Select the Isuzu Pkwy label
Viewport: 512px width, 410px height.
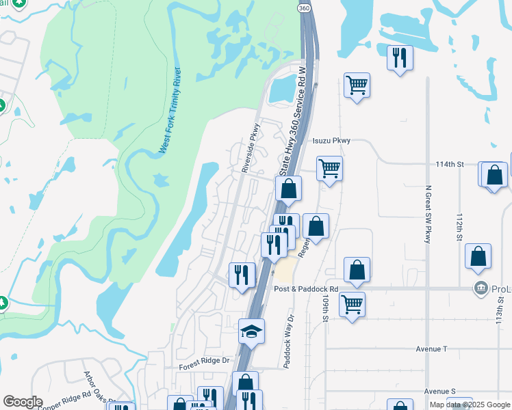pos(331,141)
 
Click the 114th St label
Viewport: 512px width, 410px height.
pos(450,165)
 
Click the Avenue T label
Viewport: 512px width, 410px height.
pos(431,348)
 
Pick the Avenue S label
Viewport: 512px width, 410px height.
pos(439,392)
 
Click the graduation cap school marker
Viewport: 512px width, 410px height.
pos(251,332)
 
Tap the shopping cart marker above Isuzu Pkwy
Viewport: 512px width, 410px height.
pos(357,85)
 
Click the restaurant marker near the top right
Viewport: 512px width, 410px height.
pos(400,57)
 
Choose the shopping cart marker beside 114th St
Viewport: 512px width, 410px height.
pos(329,168)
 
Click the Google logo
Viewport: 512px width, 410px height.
pos(22,402)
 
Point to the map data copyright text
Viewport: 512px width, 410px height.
pos(468,405)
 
